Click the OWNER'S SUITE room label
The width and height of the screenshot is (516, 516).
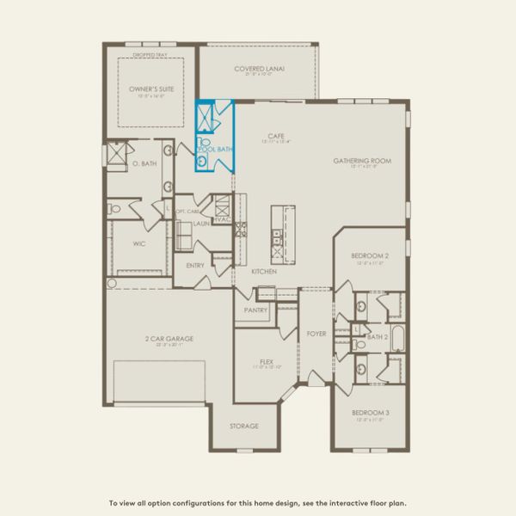[x=145, y=89]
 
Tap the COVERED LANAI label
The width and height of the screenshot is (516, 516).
[x=260, y=69]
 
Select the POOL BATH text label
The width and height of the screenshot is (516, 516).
[x=216, y=150]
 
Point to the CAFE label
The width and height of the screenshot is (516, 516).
[x=276, y=136]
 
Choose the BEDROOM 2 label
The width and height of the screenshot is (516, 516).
[x=370, y=256]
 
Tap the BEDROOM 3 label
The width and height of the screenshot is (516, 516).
[x=370, y=414]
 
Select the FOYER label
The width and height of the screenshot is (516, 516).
[x=316, y=333]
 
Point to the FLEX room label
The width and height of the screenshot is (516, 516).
[x=267, y=362]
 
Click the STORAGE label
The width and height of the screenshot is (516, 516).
[x=244, y=426]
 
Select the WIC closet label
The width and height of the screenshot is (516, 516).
[x=140, y=243]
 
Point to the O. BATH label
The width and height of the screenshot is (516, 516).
[x=144, y=163]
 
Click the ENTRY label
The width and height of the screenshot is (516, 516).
[x=195, y=266]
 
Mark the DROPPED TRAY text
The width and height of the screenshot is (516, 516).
[x=145, y=54]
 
